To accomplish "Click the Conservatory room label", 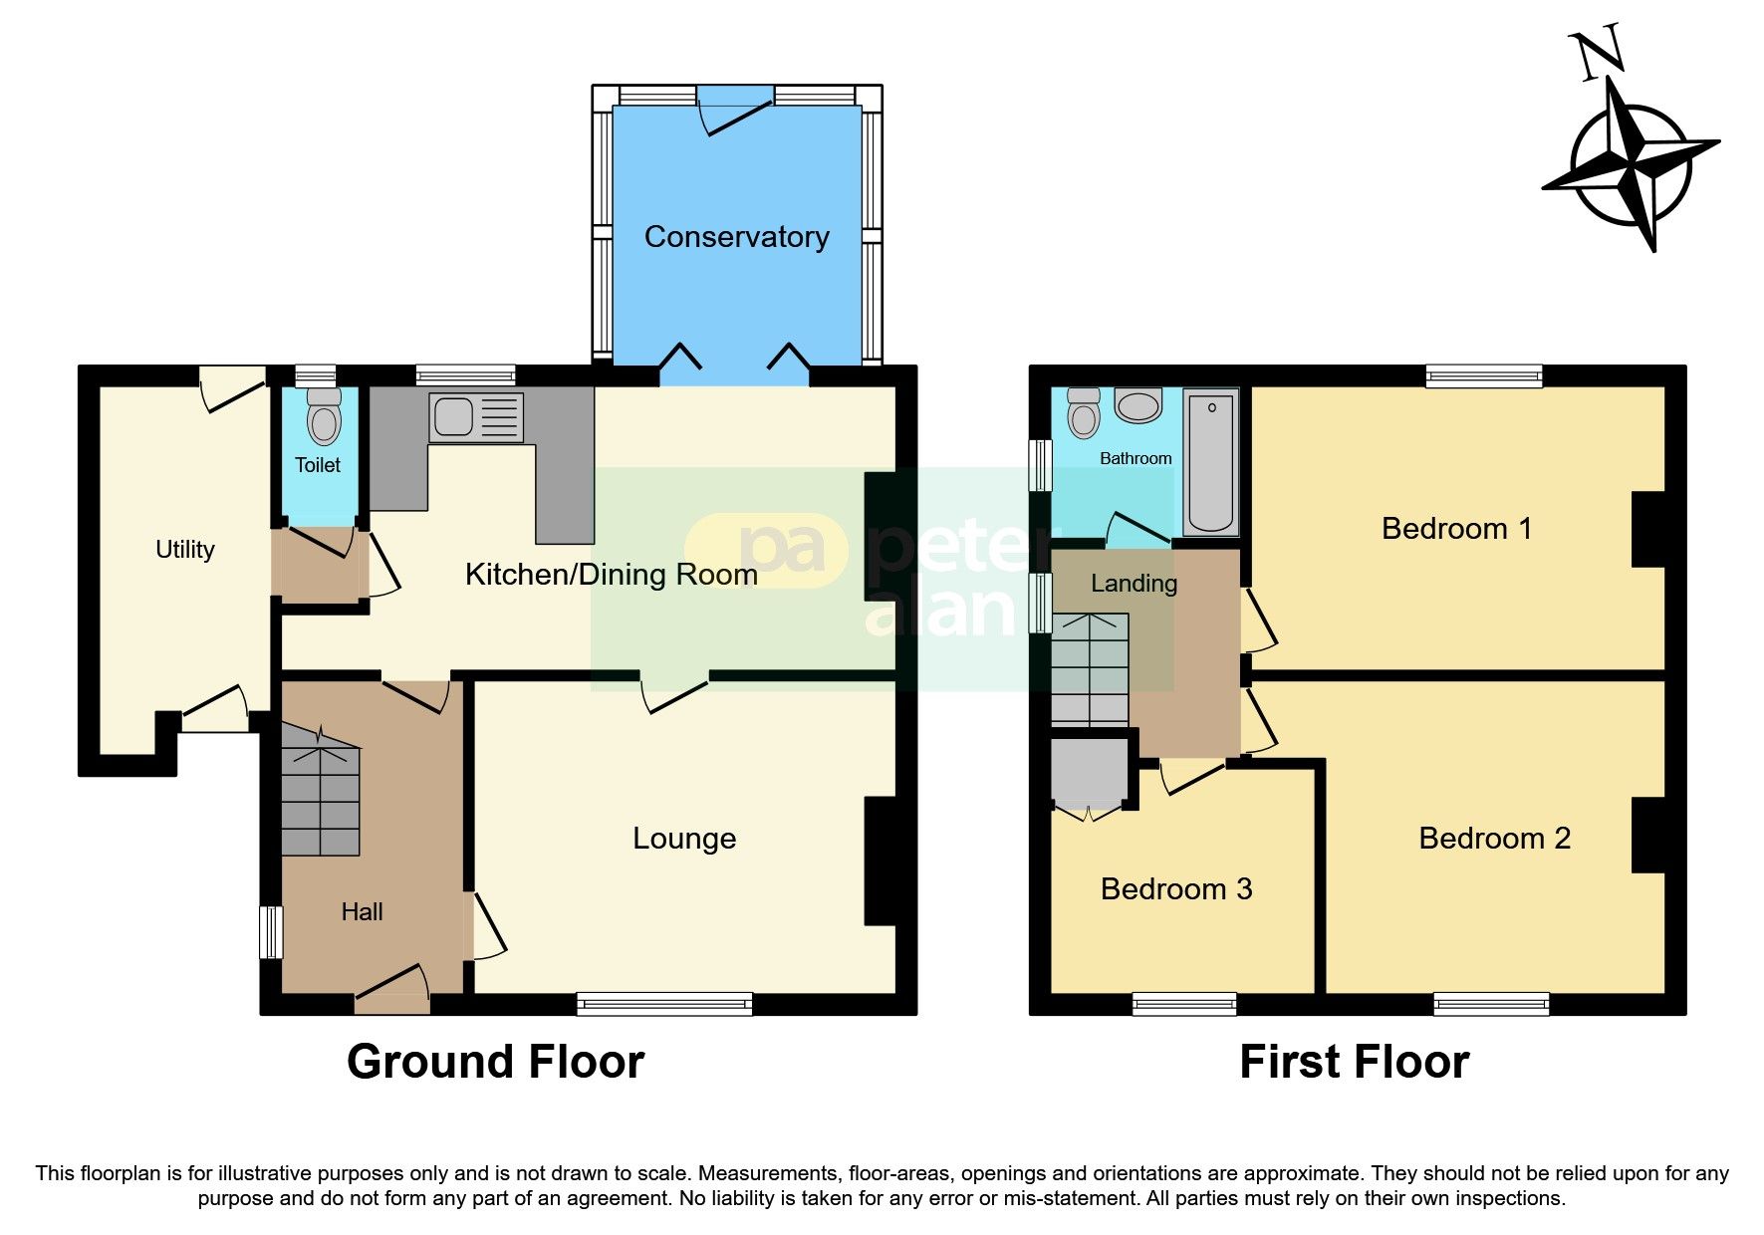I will pyautogui.click(x=736, y=237).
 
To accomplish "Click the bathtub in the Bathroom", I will pyautogui.click(x=1211, y=462).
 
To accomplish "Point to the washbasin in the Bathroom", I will pyautogui.click(x=1137, y=406).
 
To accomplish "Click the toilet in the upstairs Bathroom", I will pyautogui.click(x=1083, y=413).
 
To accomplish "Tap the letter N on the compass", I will pyautogui.click(x=1599, y=55).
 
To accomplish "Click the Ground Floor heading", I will pyautogui.click(x=495, y=1062).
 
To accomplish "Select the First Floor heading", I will pyautogui.click(x=1354, y=1062).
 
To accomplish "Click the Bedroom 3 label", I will pyautogui.click(x=1175, y=888).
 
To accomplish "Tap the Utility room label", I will pyautogui.click(x=185, y=549).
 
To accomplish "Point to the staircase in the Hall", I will pyautogui.click(x=320, y=792).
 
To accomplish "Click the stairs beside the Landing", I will pyautogui.click(x=1091, y=669).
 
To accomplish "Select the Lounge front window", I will pyautogui.click(x=664, y=1003).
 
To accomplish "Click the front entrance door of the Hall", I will pyautogui.click(x=392, y=992).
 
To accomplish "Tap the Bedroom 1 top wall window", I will pyautogui.click(x=1483, y=375).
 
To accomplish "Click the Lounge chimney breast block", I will pyautogui.click(x=882, y=861).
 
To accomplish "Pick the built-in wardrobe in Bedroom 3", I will pyautogui.click(x=1089, y=772).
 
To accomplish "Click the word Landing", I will pyautogui.click(x=1134, y=584).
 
